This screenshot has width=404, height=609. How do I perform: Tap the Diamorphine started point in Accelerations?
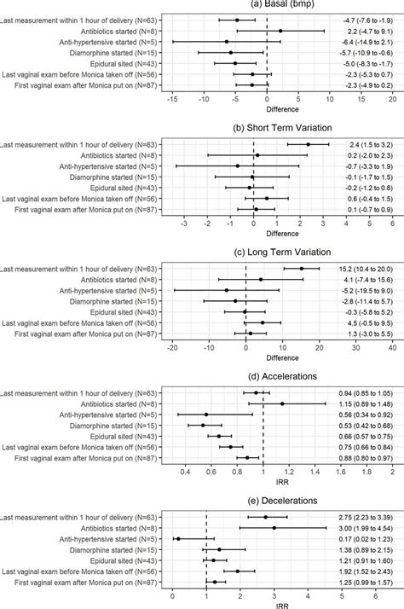tap(203, 425)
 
